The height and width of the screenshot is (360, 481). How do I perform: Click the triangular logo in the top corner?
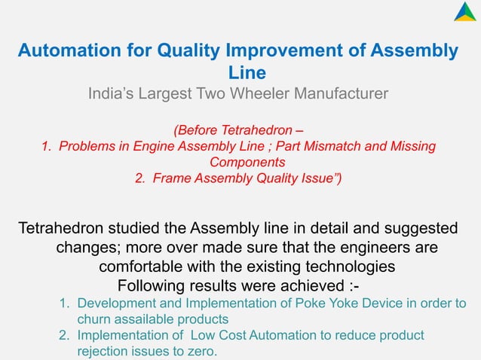point(464,13)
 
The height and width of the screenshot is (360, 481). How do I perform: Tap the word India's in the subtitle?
point(112,94)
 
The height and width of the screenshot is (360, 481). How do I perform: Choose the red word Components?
point(247,162)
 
